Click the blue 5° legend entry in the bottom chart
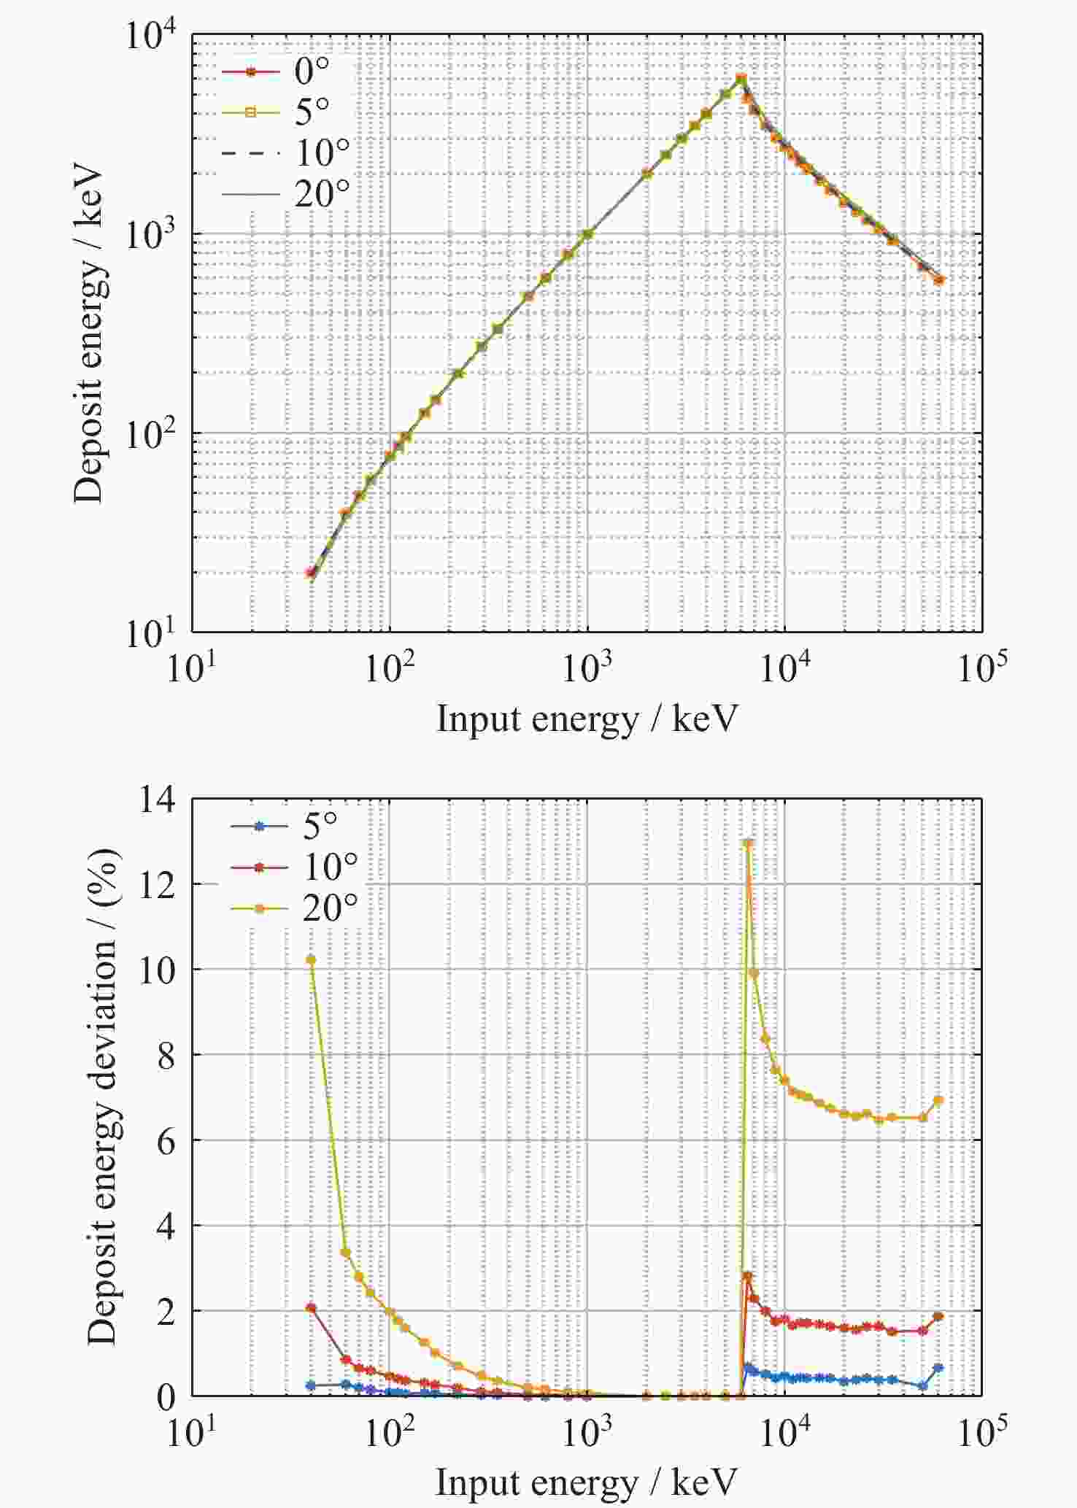285,826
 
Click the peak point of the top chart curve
741,78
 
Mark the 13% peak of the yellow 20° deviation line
748,843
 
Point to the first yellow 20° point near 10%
311,959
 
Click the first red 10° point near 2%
311,1308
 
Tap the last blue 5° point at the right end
938,1368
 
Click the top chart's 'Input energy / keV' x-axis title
587,719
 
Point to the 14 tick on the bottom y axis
158,800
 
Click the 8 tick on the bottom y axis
166,1055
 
